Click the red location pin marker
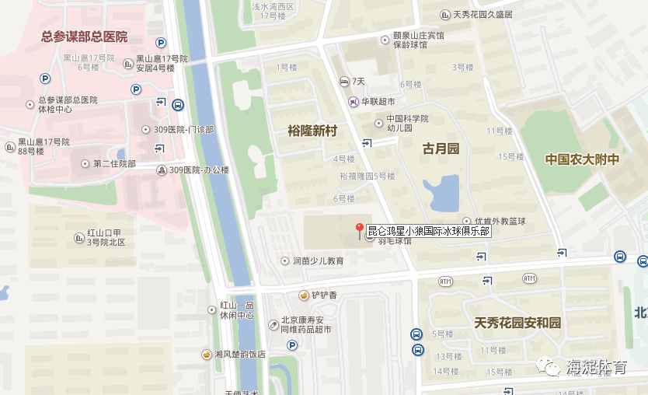point(360,229)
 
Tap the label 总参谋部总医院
point(84,37)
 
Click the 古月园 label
point(441,148)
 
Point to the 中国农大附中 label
point(582,159)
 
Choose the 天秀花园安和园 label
point(517,322)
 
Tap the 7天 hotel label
point(358,81)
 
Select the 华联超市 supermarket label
point(377,101)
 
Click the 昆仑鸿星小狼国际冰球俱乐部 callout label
point(428,231)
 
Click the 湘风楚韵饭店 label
point(240,354)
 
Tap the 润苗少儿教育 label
point(318,260)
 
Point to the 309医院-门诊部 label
point(191,128)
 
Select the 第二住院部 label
point(114,163)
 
